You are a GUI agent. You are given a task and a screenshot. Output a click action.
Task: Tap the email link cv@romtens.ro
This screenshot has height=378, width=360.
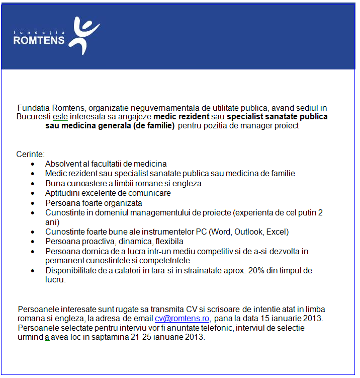[182, 319]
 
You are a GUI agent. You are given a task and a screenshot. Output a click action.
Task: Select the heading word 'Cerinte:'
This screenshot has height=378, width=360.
[31, 154]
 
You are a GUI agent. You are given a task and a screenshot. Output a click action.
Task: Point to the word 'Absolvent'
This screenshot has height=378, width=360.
[62, 164]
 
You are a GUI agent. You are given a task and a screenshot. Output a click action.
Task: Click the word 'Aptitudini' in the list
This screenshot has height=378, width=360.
[63, 193]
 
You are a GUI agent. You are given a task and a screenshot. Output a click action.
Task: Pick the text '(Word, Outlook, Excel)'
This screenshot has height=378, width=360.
[249, 232]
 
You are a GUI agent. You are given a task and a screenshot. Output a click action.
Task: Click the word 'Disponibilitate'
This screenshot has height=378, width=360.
[70, 270]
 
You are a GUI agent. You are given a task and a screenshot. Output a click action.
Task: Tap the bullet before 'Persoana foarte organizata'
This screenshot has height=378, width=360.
[33, 203]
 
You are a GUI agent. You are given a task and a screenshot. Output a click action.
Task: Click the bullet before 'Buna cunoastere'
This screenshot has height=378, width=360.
[33, 184]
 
